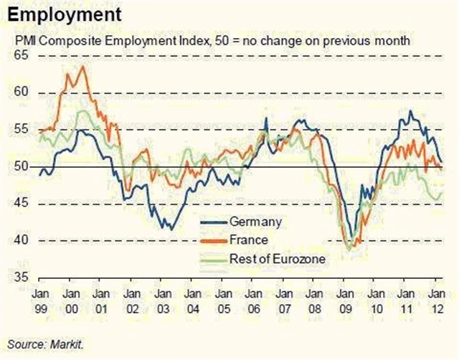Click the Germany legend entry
coord(255,221)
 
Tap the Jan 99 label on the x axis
coord(39,299)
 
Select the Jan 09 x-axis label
coord(346,299)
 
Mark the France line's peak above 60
coord(82,67)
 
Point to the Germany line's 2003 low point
coord(169,229)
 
